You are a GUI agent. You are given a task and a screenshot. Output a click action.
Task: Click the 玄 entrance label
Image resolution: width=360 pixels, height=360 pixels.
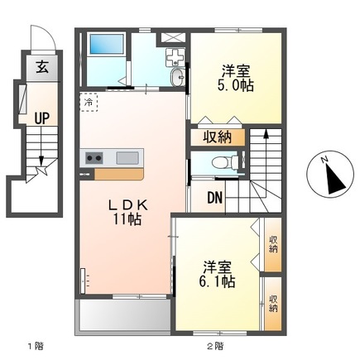(42, 67)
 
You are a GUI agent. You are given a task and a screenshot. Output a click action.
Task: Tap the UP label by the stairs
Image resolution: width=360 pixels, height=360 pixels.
(42, 118)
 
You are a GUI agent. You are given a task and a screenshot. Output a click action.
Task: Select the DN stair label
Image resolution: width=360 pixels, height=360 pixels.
(215, 198)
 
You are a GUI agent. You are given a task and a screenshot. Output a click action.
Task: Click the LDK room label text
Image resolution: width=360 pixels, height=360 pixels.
(128, 205)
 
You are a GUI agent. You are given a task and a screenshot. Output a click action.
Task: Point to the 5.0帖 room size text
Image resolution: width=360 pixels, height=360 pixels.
(236, 85)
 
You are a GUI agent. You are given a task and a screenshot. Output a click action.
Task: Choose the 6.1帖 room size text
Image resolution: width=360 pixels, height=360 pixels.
(217, 281)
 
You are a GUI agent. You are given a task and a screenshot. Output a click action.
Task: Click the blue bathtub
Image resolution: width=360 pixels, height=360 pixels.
(106, 44)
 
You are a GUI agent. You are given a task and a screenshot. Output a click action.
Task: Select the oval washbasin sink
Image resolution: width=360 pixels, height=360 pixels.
(178, 77)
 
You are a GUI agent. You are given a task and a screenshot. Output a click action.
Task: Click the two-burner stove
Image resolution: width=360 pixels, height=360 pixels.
(94, 158)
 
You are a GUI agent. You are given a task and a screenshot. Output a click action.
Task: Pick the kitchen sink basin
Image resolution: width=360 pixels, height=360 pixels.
(127, 158)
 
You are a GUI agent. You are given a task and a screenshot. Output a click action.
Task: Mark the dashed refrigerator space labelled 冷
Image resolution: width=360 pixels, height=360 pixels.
(89, 103)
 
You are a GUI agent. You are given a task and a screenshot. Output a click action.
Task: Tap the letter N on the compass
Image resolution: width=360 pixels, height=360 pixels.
(324, 160)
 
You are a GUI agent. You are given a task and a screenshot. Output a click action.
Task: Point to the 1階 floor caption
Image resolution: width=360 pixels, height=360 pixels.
(36, 346)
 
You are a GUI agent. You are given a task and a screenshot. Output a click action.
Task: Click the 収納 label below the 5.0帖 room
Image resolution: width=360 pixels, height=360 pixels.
(218, 137)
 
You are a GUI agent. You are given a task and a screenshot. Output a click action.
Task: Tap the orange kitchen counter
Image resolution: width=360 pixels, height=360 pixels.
(119, 174)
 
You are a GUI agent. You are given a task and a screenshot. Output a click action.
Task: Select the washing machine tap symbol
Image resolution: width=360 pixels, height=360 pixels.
(175, 57)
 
